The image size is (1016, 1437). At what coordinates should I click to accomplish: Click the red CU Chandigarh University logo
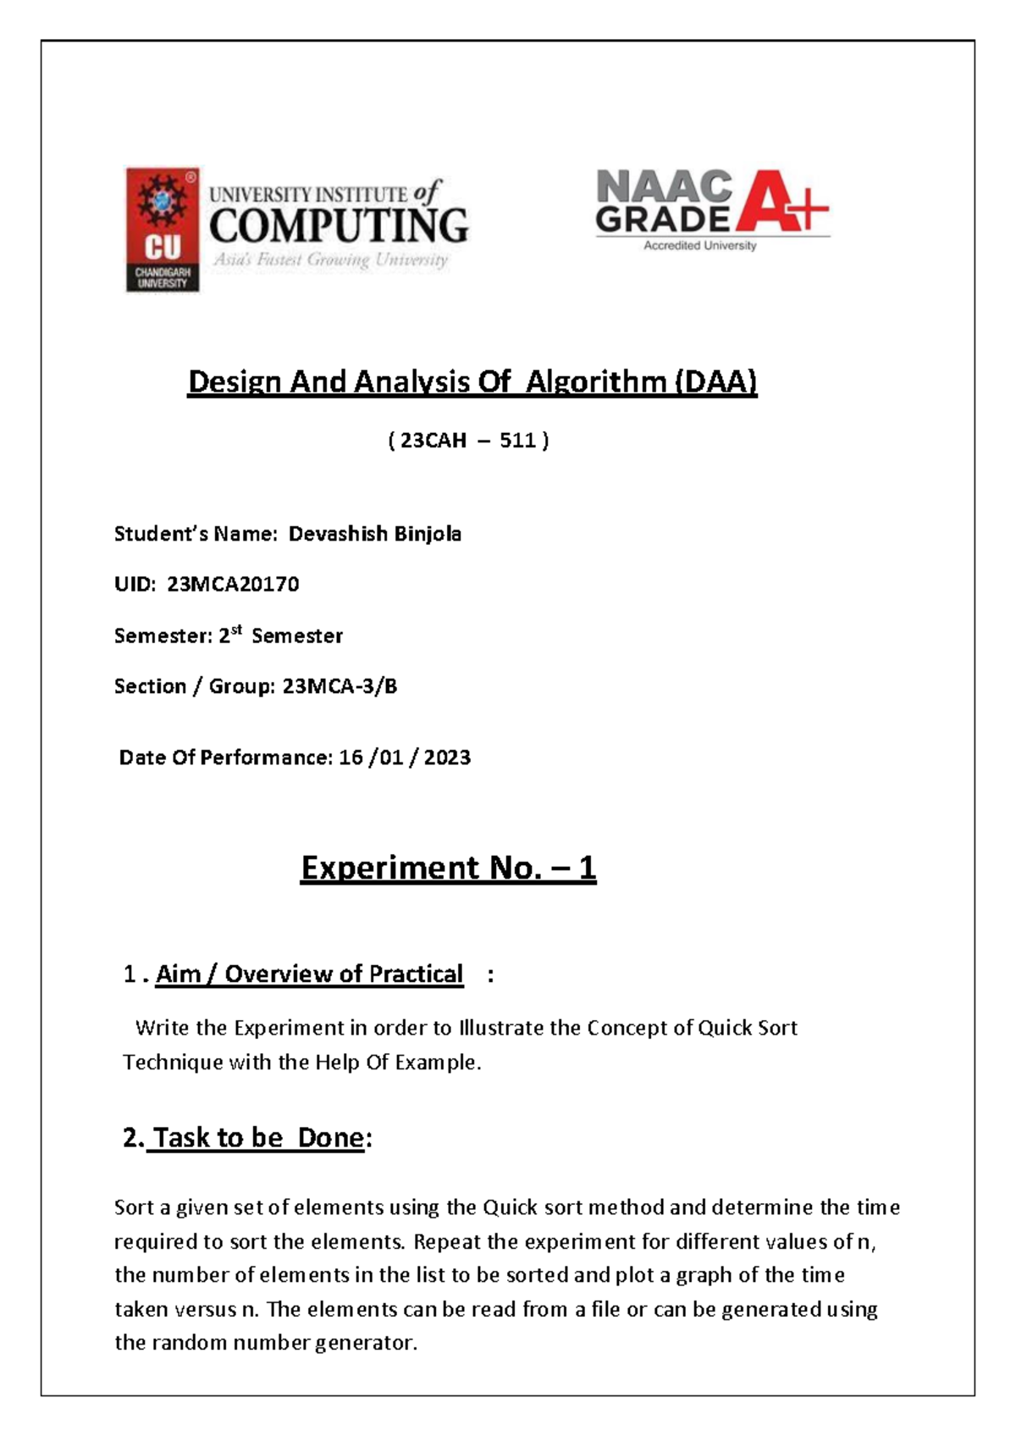(163, 230)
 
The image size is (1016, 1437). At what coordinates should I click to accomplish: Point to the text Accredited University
(699, 246)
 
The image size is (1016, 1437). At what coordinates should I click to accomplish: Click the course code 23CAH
(433, 441)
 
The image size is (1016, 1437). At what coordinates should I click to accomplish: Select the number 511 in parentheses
(517, 441)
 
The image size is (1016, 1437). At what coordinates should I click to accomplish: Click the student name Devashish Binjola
(374, 534)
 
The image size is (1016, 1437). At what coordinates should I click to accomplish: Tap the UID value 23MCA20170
(233, 585)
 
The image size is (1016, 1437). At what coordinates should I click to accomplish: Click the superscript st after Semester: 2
(236, 630)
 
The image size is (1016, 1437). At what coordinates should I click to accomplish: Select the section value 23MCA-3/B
(340, 686)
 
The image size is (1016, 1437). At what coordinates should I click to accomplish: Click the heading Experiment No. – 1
(448, 868)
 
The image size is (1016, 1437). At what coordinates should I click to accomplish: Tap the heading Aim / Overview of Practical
(309, 974)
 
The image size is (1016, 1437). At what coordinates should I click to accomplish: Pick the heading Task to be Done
(258, 1137)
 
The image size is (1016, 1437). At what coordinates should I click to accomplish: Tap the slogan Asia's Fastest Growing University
(330, 260)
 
